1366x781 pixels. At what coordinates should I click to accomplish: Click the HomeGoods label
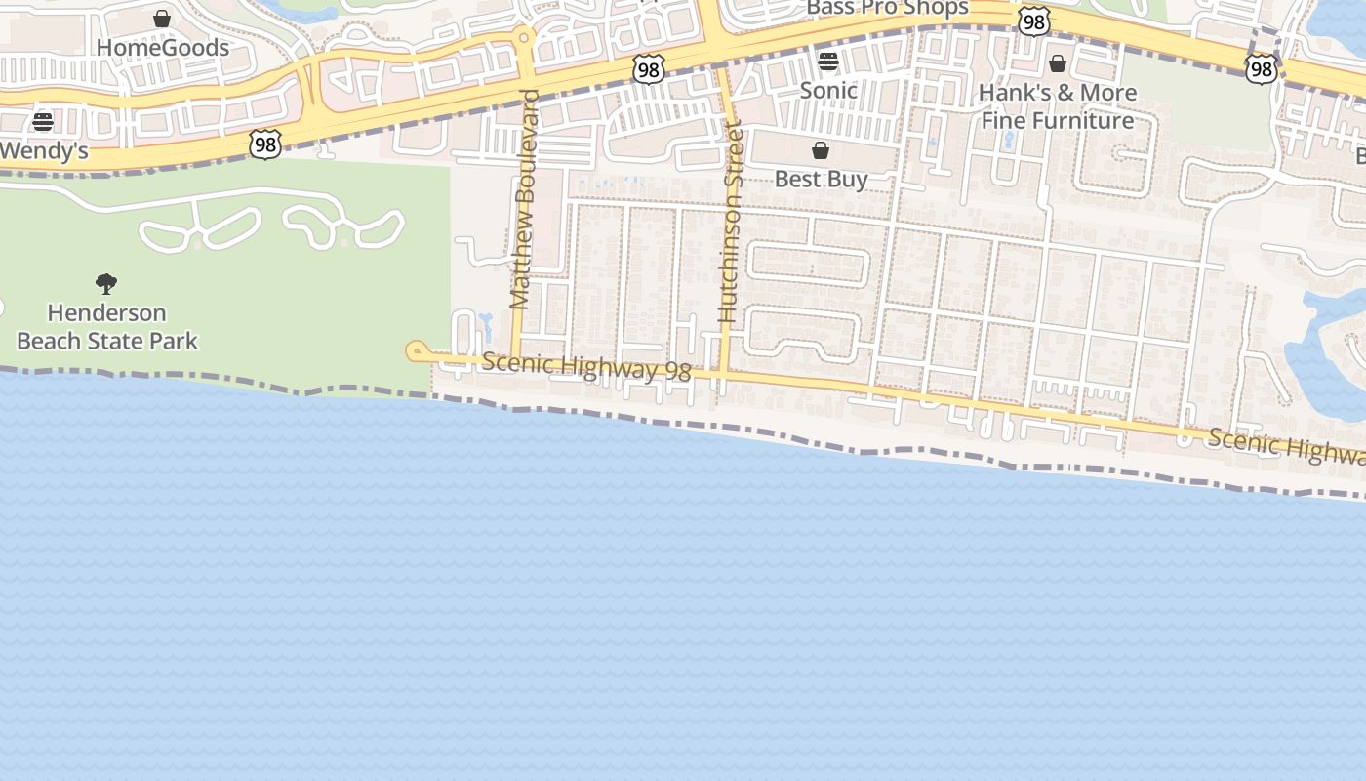tap(163, 47)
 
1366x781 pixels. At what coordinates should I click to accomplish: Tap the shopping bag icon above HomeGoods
tap(162, 19)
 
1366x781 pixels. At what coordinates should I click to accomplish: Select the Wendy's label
tap(44, 150)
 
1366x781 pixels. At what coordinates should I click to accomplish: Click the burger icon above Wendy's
tap(43, 122)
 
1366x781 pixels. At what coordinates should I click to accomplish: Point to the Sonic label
tap(828, 90)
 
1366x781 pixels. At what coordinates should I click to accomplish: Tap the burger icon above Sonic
tap(828, 62)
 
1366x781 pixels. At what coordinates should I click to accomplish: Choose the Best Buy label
tap(821, 179)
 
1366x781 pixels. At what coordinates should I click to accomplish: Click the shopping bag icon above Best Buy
tap(821, 150)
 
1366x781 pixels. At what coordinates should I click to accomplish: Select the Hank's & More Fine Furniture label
tap(1059, 106)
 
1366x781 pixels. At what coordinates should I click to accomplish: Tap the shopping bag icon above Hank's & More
tap(1058, 64)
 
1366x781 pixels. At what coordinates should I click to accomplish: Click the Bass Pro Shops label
tap(887, 9)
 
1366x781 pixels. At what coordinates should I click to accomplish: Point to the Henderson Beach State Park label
tap(107, 326)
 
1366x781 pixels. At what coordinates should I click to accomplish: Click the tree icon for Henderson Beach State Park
tap(106, 284)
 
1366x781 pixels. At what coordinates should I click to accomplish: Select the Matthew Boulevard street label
tap(525, 200)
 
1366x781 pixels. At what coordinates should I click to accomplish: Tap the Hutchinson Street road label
tap(731, 222)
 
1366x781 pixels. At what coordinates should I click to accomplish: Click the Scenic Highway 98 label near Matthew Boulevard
tap(586, 367)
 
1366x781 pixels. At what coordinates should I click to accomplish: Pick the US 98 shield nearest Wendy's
tap(265, 144)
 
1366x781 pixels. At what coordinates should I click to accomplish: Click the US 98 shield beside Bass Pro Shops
tap(1033, 21)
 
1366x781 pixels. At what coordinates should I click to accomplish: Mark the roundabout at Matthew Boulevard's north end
tap(525, 38)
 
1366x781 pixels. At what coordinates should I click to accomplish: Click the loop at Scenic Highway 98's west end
tap(416, 349)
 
